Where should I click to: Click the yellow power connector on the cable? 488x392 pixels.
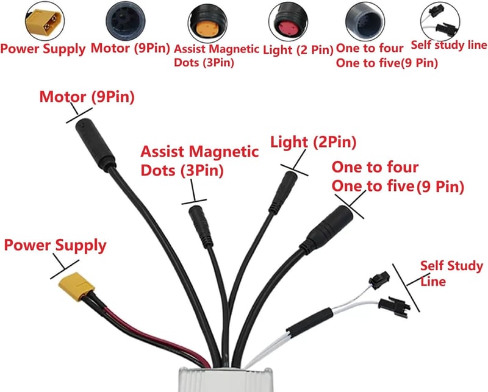point(76,286)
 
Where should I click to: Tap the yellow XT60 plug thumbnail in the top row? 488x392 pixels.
point(45,21)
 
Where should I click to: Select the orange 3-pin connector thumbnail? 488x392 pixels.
point(207,23)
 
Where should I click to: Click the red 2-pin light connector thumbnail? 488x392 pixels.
point(288,23)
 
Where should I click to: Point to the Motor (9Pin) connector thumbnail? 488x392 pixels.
point(126,21)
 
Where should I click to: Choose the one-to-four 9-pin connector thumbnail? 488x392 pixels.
point(365,23)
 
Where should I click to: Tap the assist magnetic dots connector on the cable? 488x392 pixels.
point(201,226)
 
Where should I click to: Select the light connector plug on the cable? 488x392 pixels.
point(283,193)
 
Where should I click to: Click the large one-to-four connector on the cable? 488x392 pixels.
point(328,228)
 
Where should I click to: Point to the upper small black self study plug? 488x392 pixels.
point(379,279)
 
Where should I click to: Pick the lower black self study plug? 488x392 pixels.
point(394,306)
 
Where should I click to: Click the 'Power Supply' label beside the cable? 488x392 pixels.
point(55,245)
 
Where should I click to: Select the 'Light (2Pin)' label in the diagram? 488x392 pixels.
point(313,142)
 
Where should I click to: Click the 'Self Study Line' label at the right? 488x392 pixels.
point(451,274)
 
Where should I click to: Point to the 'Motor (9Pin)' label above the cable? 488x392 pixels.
point(87,97)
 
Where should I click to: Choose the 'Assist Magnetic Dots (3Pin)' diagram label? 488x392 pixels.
point(199,161)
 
